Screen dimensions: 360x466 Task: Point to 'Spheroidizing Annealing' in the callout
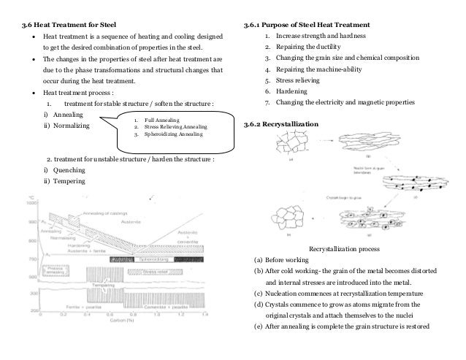tap(167, 134)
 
